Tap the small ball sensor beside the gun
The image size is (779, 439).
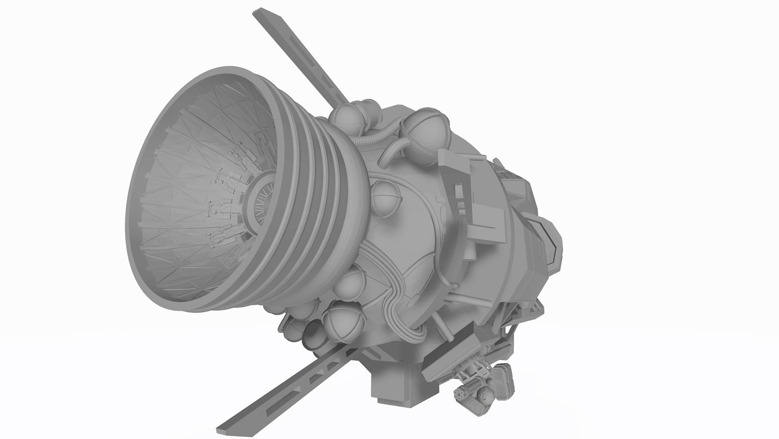coord(486,396)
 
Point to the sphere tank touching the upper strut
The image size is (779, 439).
coord(346,118)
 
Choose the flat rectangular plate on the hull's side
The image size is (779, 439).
coord(489,216)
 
